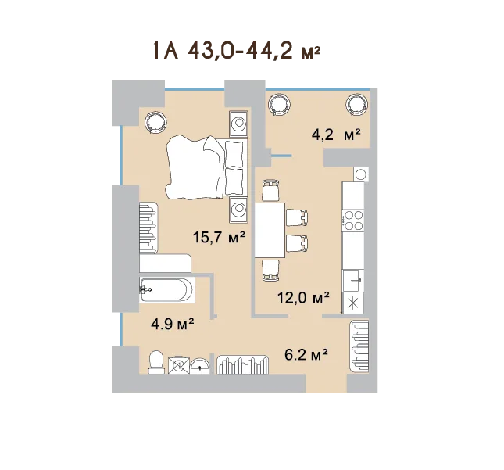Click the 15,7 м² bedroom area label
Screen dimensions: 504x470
pos(219,238)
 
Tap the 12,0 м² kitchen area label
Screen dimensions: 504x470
pos(303,298)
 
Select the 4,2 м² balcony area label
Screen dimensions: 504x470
pos(336,135)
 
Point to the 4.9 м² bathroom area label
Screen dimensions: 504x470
pos(172,324)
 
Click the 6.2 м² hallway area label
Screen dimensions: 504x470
pos(306,355)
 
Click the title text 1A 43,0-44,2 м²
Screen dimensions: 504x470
pos(237,51)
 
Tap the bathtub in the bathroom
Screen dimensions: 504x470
pos(167,290)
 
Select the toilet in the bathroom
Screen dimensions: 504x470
pos(156,362)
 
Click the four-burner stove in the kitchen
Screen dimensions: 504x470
pos(353,220)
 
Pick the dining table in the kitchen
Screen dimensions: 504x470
pos(270,230)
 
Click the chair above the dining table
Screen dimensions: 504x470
pos(270,191)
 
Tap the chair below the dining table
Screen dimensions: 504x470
pos(270,271)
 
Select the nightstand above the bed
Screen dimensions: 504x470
pos(238,124)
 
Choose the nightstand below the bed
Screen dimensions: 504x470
pos(238,210)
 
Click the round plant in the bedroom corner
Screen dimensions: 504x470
pos(156,121)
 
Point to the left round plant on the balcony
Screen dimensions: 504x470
pos(279,104)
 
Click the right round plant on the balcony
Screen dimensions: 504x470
pos(356,104)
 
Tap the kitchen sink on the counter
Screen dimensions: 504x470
pos(353,280)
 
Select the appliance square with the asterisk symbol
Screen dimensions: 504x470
pos(353,303)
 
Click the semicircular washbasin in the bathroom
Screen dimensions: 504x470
pos(200,366)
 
